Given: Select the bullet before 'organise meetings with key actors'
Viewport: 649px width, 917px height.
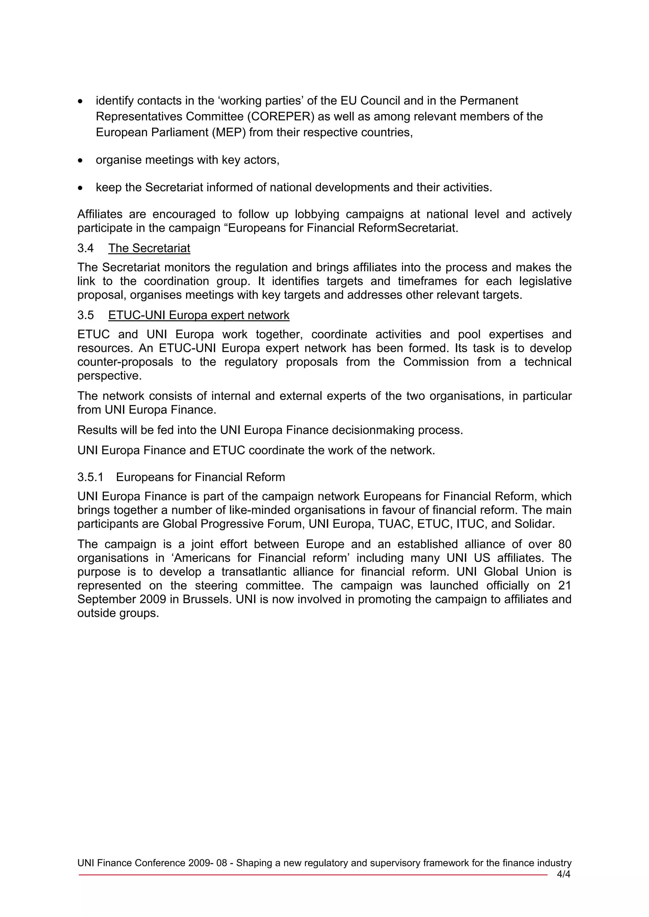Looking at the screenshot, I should click(81, 160).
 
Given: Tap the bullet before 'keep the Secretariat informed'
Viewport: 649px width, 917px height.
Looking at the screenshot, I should click(81, 188).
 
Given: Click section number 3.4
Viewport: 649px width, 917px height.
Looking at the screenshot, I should click(86, 248).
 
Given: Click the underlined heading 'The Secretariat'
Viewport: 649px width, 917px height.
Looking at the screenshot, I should click(149, 248).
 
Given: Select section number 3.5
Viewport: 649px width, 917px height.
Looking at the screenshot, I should click(86, 316).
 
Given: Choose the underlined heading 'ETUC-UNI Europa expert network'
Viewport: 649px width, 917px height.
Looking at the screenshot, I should click(199, 316).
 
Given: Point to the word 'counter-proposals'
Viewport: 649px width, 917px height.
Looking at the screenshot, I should click(125, 362).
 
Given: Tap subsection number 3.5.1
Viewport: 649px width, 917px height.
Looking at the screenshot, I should click(90, 477).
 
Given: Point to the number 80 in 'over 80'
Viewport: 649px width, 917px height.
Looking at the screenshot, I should click(564, 544).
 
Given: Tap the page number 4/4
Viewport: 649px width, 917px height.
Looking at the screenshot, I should click(563, 874).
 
